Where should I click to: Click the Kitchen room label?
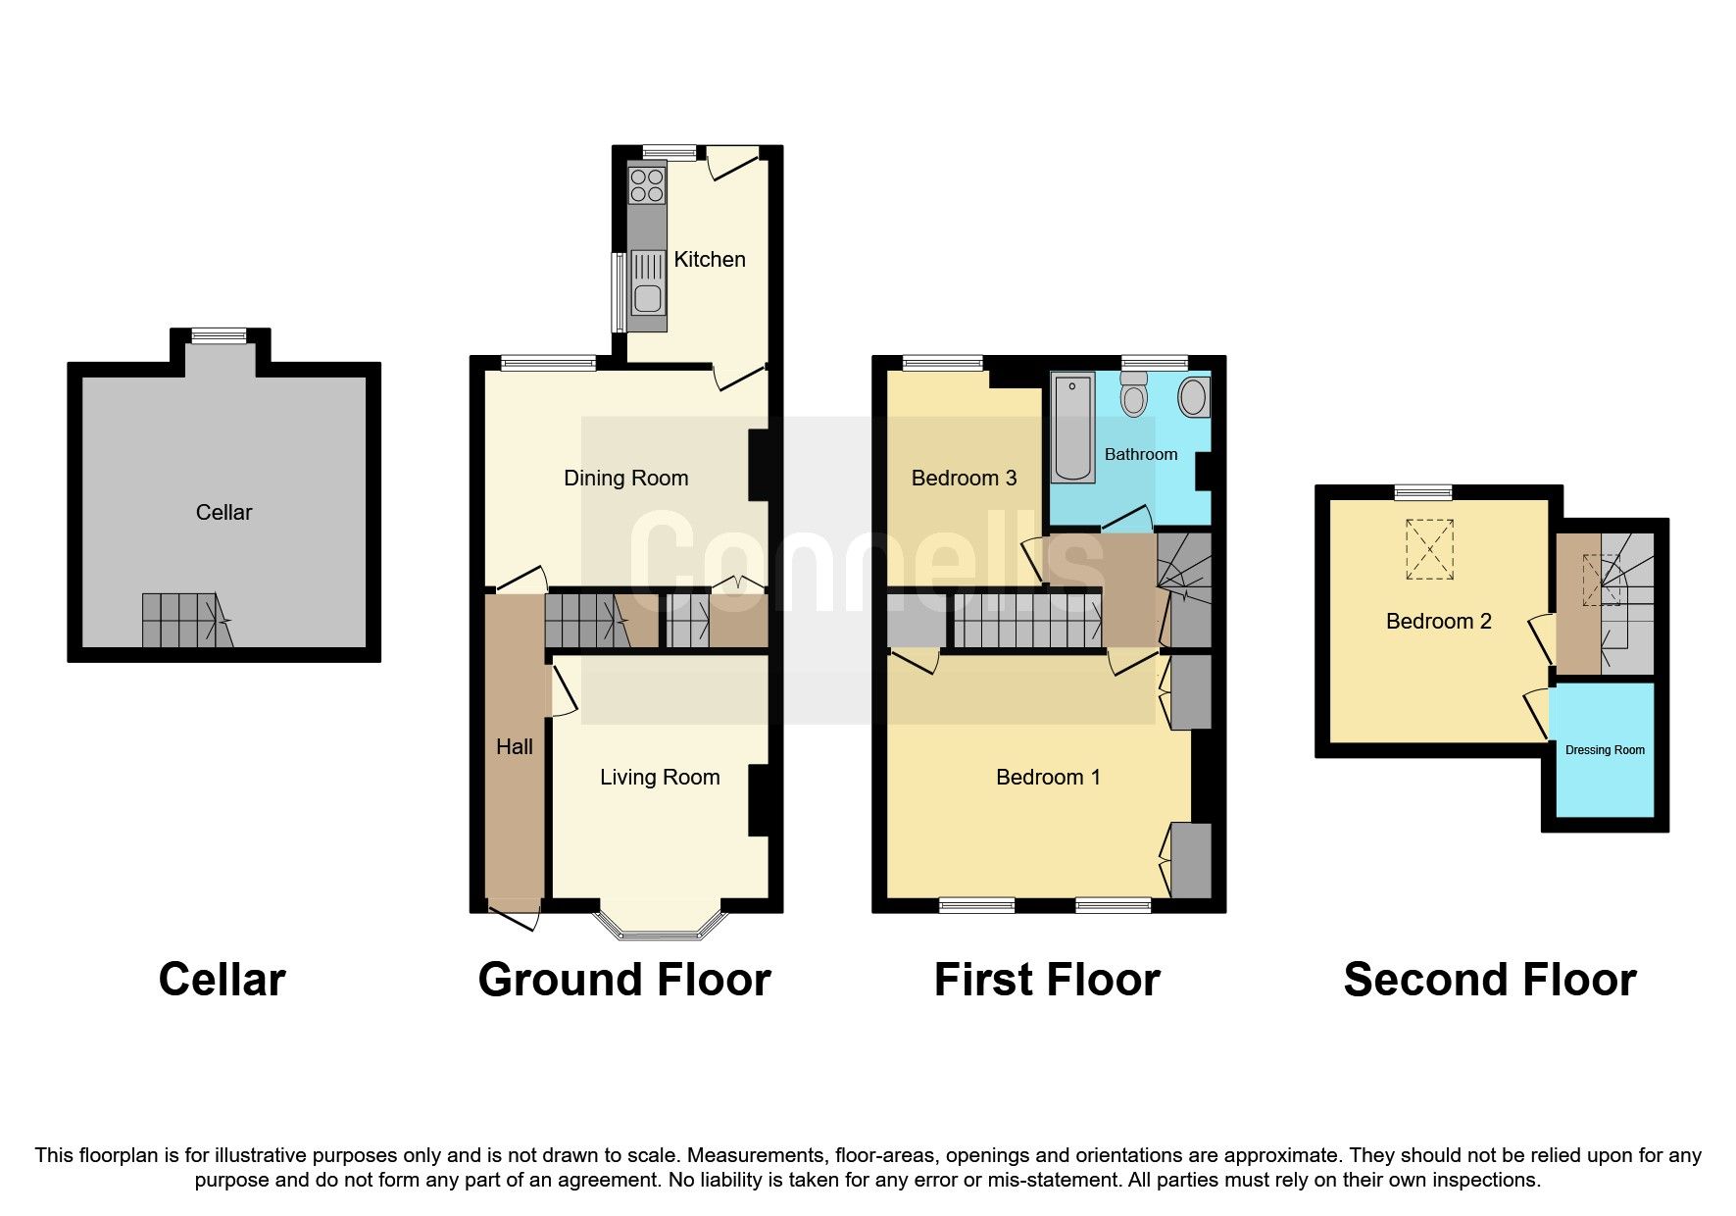[709, 259]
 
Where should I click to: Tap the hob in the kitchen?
[647, 185]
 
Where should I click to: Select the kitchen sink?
[647, 281]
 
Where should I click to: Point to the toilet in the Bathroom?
[1134, 397]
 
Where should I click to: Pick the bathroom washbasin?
[1193, 397]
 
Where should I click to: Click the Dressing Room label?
[1605, 750]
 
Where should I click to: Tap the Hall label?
[514, 747]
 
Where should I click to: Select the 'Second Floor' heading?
[1489, 980]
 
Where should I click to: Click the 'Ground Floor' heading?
[624, 980]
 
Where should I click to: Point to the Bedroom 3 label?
[964, 479]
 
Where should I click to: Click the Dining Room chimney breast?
[758, 466]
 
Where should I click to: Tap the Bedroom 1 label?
[1047, 778]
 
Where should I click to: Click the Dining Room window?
[549, 363]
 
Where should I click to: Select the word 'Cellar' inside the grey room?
[223, 512]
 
